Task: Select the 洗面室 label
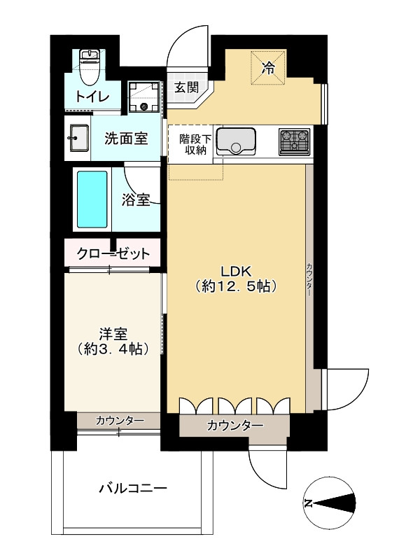tap(126, 138)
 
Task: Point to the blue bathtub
tap(92, 199)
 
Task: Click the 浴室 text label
tap(136, 201)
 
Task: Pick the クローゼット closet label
tap(113, 253)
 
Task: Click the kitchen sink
tap(237, 142)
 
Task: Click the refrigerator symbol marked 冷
tap(267, 69)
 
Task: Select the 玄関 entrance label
tap(187, 88)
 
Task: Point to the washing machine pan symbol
tap(145, 99)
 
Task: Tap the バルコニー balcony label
tap(132, 489)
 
